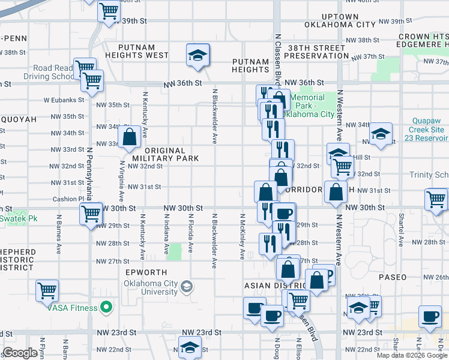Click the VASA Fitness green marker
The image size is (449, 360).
coord(107,308)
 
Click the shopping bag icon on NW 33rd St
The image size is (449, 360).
coord(129,137)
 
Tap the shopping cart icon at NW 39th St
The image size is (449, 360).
coord(109,11)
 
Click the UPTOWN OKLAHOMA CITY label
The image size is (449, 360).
coord(340,21)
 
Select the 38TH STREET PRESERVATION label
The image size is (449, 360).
coord(316,51)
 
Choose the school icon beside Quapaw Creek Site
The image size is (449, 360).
coord(381,134)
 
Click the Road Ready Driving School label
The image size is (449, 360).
coord(48,73)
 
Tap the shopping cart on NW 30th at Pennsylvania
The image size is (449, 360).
coord(91,213)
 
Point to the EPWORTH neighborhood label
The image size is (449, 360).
coord(146,272)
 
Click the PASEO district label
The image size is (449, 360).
coord(392,277)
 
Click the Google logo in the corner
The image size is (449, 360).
coord(20,353)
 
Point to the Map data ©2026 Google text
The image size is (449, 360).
coord(411,355)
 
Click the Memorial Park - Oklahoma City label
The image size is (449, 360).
coord(312,106)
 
